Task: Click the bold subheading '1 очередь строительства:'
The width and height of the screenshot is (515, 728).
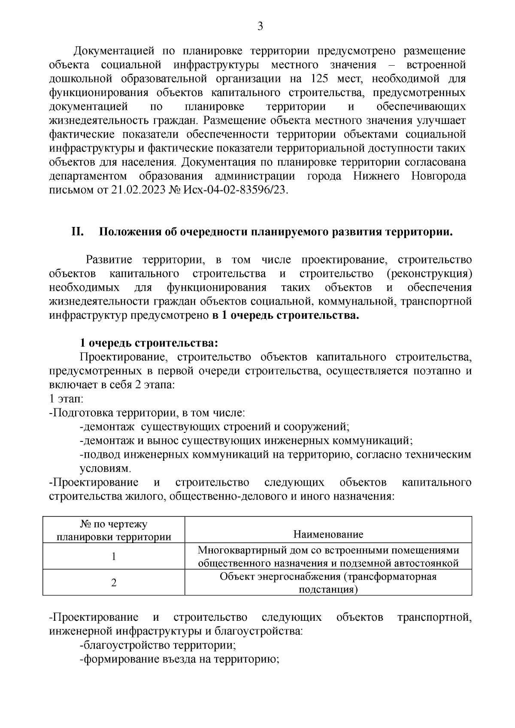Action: [x=149, y=343]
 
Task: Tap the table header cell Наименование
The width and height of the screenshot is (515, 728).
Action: [x=328, y=534]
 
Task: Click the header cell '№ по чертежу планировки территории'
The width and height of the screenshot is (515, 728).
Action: [x=114, y=530]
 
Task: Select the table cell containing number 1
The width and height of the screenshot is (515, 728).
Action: [x=114, y=556]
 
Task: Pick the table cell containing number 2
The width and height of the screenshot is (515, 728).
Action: [x=114, y=583]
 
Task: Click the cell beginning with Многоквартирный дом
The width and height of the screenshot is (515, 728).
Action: [x=328, y=556]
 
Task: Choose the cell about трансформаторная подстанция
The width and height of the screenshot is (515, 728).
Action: [x=328, y=583]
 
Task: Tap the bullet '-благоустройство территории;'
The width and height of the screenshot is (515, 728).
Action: [x=158, y=645]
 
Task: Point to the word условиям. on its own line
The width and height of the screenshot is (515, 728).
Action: [x=105, y=468]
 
